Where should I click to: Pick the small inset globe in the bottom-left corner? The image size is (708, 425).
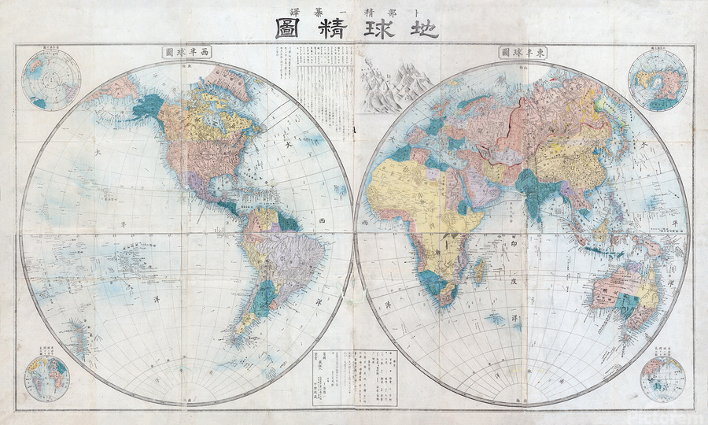pos(46,375)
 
